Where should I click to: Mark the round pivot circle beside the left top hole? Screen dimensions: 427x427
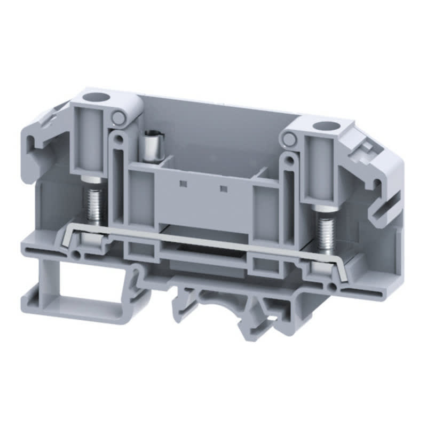tap(118, 118)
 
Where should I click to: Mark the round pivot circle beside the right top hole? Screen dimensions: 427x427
tap(289, 140)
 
